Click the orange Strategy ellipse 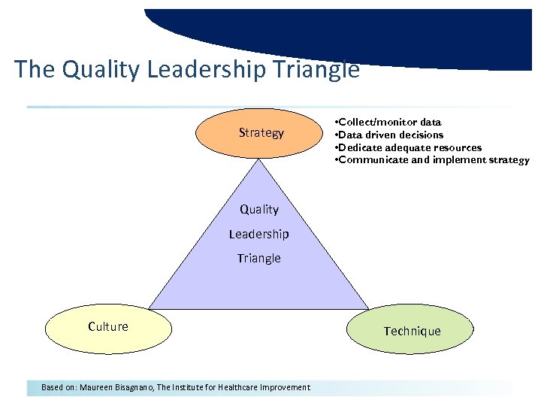coord(260,133)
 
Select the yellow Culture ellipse coord(108,327)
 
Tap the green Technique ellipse coord(411,331)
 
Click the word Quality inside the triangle coord(258,210)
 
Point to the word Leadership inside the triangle coord(258,234)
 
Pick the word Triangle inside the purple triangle coord(258,258)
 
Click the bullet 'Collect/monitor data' coord(388,122)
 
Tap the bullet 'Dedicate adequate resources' coord(409,147)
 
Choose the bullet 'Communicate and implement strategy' coord(432,160)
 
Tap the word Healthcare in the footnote coord(238,387)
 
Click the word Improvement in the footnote coord(286,387)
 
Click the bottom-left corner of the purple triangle coord(150,308)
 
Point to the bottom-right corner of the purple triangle coord(368,308)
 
